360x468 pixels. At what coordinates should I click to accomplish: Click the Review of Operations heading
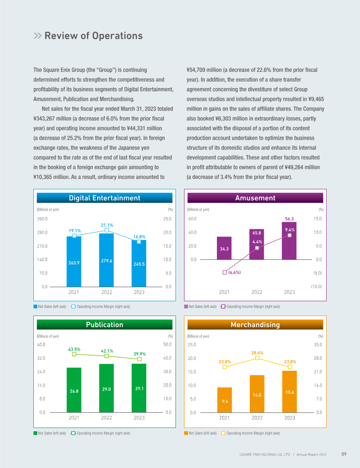[x=93, y=36]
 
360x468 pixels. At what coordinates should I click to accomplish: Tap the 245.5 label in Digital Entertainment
[x=139, y=264]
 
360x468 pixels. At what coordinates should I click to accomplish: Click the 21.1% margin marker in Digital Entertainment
[x=107, y=230]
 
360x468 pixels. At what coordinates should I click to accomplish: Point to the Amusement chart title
[x=255, y=198]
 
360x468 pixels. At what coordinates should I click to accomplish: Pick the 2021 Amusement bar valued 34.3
[x=224, y=248]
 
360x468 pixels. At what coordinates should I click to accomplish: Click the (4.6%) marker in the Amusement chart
[x=225, y=272]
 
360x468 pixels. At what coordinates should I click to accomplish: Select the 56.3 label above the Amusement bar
[x=289, y=219]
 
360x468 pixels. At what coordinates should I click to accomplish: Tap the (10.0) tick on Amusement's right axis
[x=316, y=286]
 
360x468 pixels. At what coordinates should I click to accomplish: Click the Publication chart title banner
[x=104, y=325]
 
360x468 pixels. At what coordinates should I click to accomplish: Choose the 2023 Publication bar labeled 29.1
[x=139, y=388]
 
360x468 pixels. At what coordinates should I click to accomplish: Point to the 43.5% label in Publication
[x=74, y=349]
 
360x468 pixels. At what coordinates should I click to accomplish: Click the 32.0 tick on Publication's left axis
[x=41, y=358]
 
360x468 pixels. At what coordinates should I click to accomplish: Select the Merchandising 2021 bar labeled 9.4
[x=224, y=400]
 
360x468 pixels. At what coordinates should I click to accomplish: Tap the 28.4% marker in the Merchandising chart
[x=257, y=358]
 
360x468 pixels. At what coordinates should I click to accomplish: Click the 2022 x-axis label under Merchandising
[x=257, y=418]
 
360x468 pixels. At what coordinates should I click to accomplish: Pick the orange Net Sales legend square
[x=186, y=433]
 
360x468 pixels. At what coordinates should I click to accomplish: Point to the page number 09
[x=343, y=455]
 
